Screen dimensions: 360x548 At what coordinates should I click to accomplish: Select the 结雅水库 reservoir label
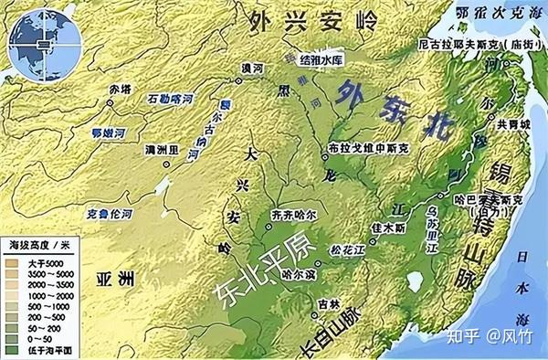[319, 58]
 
